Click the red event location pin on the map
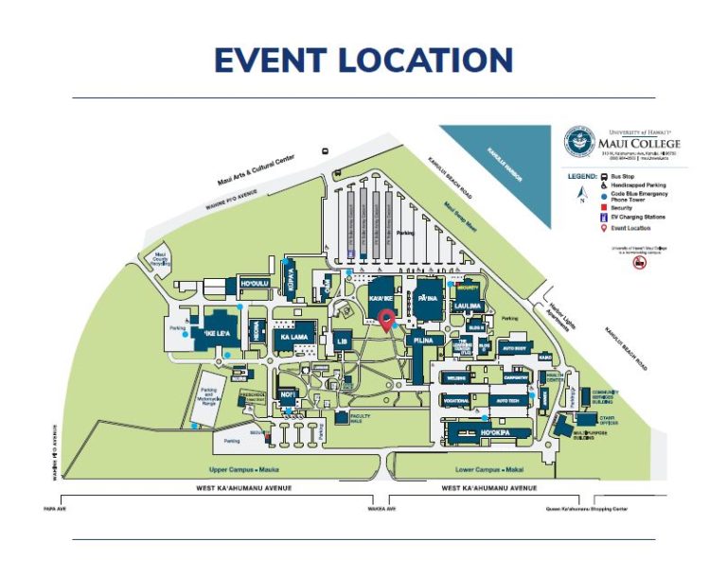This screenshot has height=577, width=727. (x=386, y=320)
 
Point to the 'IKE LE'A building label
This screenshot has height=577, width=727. (x=215, y=333)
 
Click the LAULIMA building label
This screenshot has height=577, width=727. (x=469, y=306)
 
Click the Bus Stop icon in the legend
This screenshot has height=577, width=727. (x=603, y=177)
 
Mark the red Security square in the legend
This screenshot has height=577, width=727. (x=603, y=206)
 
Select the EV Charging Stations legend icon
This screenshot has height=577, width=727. (x=603, y=217)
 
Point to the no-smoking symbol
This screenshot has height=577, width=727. (x=639, y=263)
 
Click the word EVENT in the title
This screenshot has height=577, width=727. (x=270, y=60)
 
